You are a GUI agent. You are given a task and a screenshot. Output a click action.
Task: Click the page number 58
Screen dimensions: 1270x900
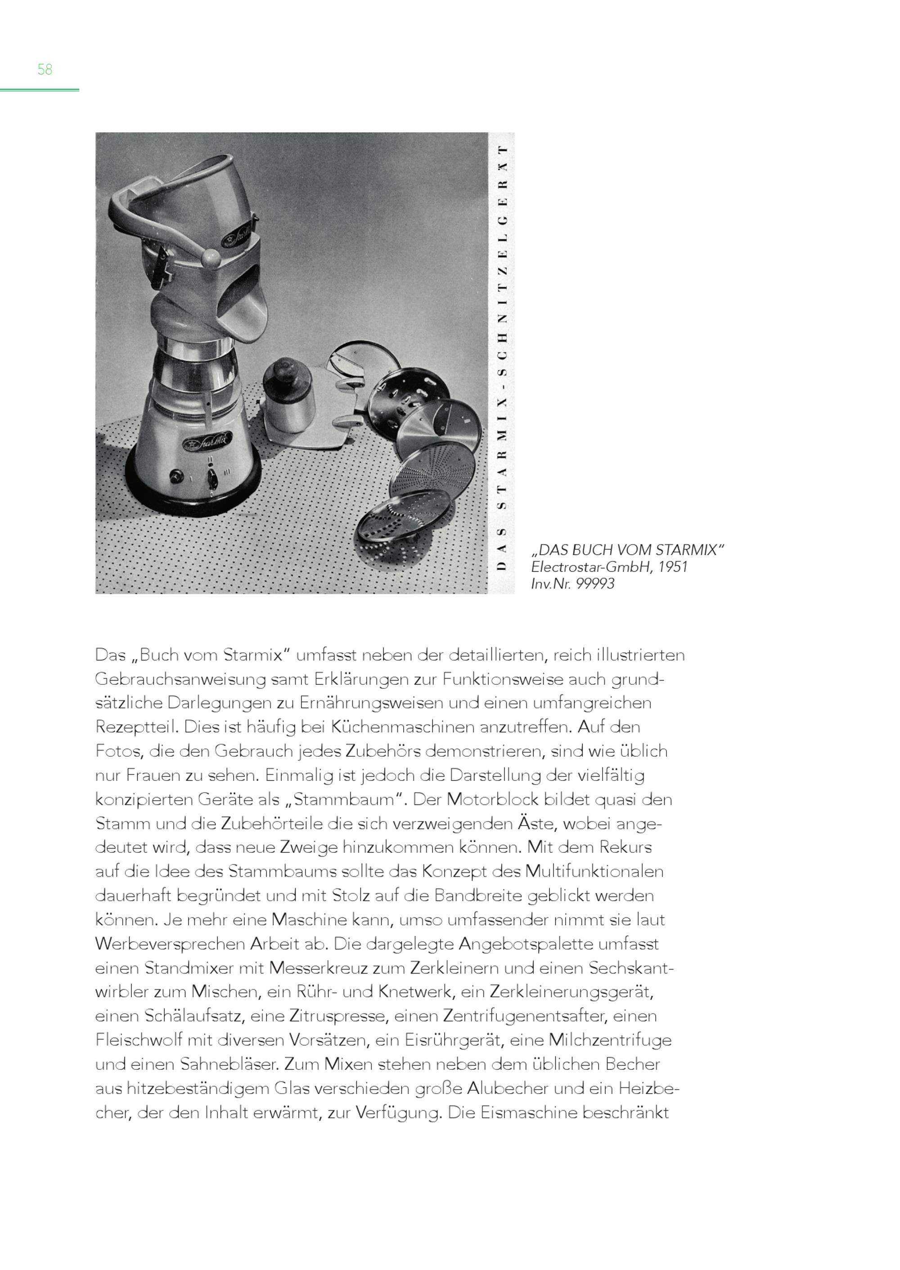[45, 69]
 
